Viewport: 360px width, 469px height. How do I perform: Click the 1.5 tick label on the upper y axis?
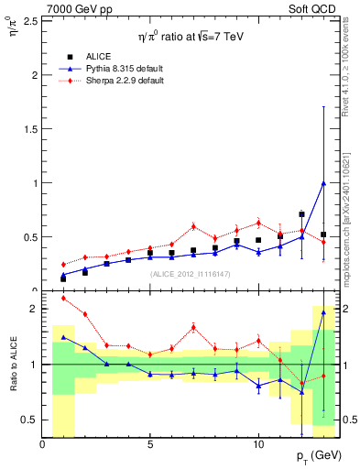29,128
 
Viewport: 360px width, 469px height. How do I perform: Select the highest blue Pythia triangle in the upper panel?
323,182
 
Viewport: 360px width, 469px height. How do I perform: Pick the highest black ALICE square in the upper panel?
301,214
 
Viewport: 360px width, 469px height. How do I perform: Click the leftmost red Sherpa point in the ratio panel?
63,298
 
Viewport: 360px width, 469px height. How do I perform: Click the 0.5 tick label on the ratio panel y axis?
29,420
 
